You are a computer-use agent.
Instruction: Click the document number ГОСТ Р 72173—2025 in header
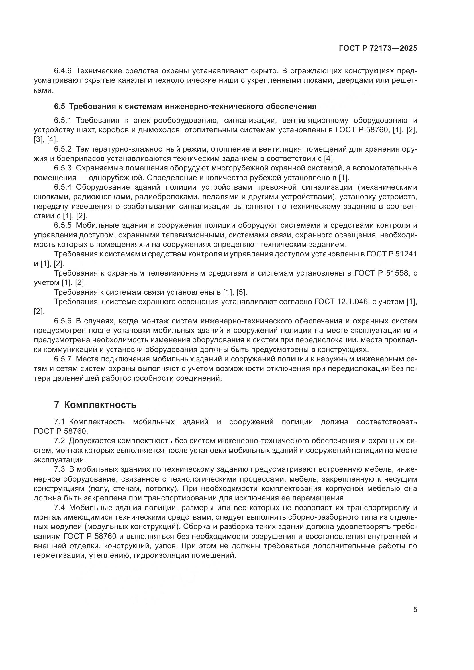[x=378, y=48]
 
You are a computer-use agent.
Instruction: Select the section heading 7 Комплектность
[x=95, y=405]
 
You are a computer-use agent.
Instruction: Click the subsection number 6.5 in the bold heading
[x=60, y=107]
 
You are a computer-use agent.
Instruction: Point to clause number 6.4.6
[x=63, y=71]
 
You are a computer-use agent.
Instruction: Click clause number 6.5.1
[x=63, y=121]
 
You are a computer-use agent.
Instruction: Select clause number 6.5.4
[x=63, y=187]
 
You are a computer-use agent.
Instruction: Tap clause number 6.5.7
[x=63, y=359]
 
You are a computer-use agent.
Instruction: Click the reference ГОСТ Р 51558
[x=381, y=273]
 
